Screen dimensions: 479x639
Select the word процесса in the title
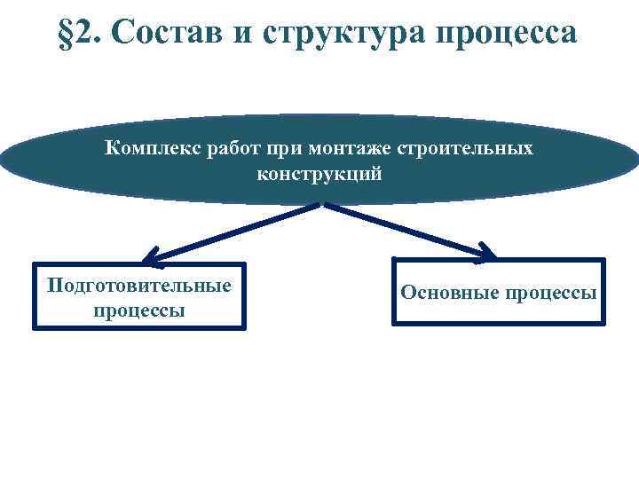tap(505, 35)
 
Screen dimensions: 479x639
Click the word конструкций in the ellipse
tap(319, 174)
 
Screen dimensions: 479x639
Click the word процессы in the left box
tap(139, 311)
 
